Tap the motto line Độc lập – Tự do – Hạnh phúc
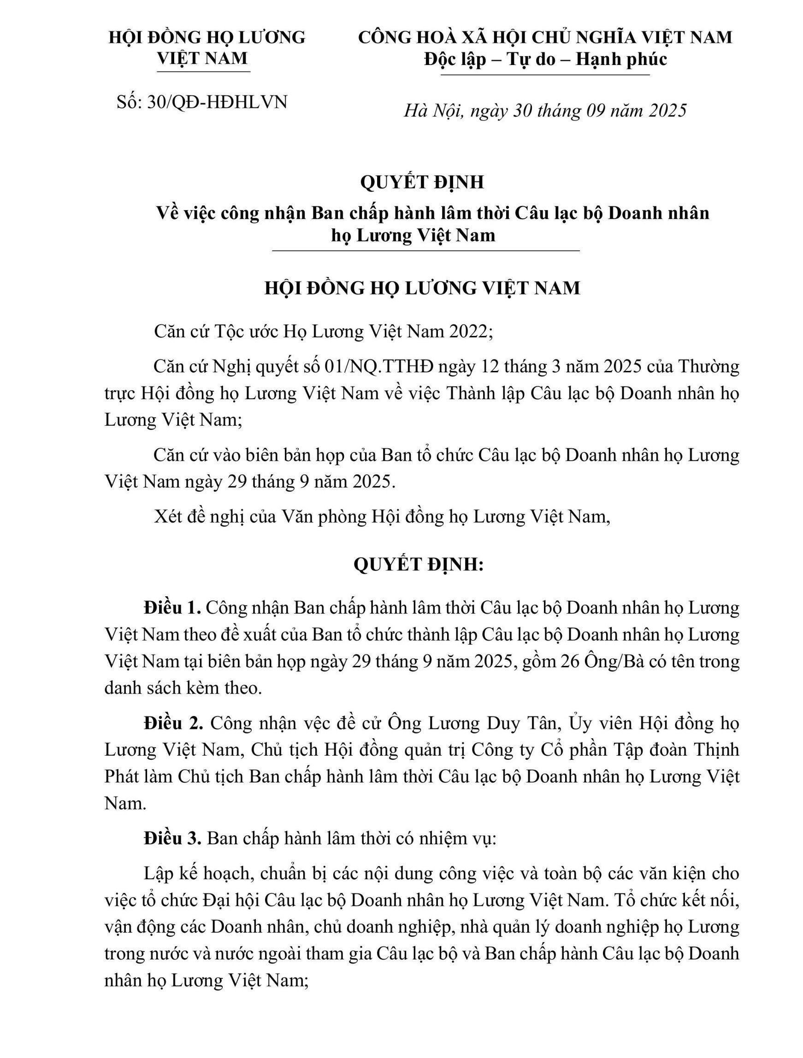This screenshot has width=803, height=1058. [545, 59]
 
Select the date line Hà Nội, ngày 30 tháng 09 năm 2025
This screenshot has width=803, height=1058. [545, 111]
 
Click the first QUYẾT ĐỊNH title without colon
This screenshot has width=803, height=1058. [422, 182]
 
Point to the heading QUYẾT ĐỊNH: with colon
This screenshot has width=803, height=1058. [419, 564]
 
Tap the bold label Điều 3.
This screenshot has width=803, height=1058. [172, 839]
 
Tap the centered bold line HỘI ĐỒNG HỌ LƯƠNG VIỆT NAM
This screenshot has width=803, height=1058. [422, 288]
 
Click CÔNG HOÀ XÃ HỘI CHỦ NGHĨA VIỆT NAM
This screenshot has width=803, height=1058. [545, 37]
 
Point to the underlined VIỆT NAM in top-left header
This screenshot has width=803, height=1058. [203, 59]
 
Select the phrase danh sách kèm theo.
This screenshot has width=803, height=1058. [183, 688]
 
